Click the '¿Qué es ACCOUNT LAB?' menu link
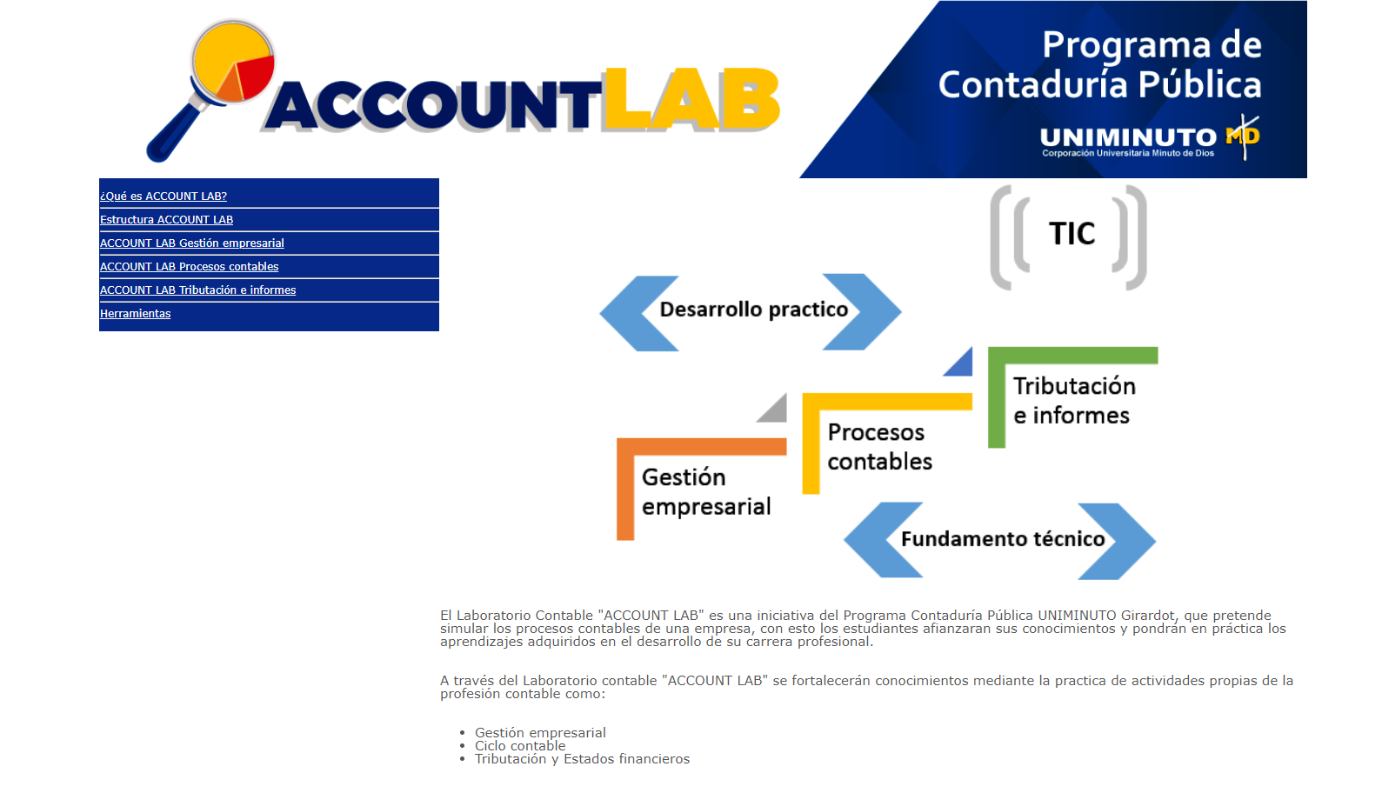coord(164,197)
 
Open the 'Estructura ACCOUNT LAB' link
coord(166,220)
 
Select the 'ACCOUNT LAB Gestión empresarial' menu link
coord(191,243)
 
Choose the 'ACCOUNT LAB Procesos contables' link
coord(189,267)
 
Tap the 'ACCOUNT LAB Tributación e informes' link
coord(197,290)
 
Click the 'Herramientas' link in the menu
coord(135,314)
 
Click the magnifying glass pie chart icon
coord(232,63)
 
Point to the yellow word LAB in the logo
coord(691,99)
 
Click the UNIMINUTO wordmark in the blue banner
coord(1128,137)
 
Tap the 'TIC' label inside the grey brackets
coord(1072,234)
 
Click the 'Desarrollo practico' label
coord(753,310)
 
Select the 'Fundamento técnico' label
coord(1002,540)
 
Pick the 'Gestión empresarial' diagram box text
coord(705,492)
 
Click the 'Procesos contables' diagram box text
coord(878,447)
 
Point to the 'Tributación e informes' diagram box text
coord(1073,401)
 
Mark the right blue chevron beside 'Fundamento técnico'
coord(1118,541)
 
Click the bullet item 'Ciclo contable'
coord(519,746)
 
